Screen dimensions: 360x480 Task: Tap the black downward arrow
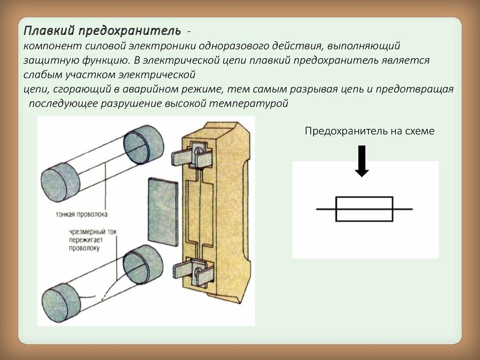pos(362,160)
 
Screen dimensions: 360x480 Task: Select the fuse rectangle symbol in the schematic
pos(364,208)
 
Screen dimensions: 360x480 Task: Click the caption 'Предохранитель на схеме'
pos(370,132)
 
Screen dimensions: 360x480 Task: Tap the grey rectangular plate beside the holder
pos(163,212)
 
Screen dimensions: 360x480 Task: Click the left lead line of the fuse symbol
pos(326,208)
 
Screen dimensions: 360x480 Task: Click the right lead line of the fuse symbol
pos(402,208)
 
